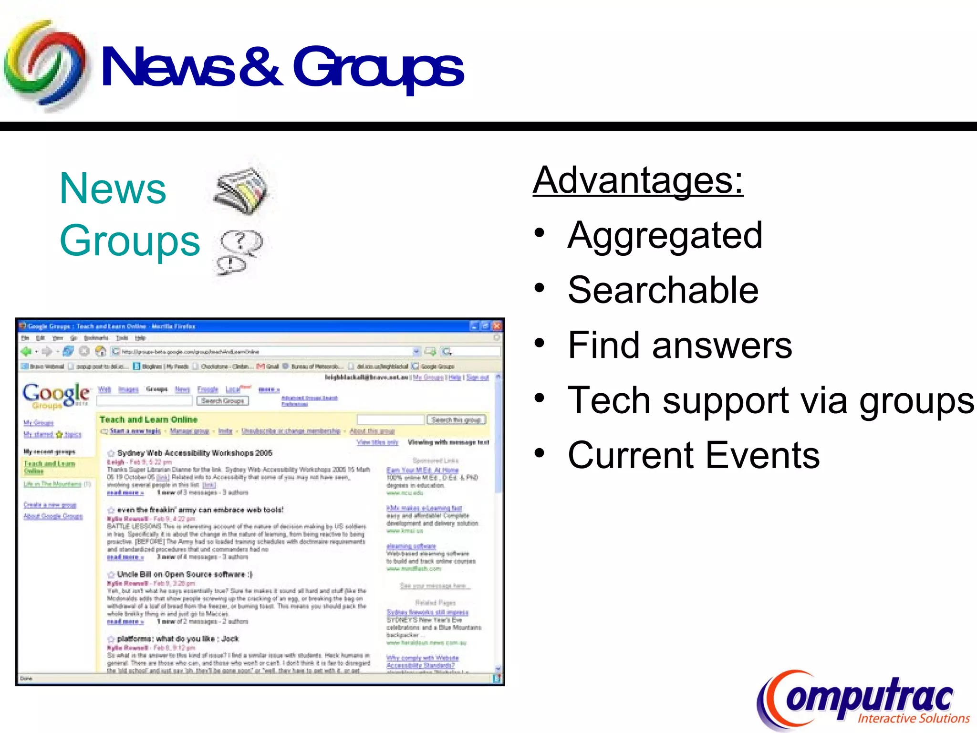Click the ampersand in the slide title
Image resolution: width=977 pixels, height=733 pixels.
point(260,67)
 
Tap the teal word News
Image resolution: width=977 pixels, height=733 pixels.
point(113,188)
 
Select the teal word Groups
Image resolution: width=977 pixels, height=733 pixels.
point(130,241)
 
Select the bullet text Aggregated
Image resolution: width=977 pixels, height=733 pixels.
point(665,235)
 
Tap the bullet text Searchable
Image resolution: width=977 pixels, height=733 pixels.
point(663,290)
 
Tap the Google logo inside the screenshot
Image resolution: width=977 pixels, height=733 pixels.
point(56,395)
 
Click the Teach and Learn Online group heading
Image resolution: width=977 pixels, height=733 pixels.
point(148,419)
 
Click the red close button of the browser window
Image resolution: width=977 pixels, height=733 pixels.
point(497,326)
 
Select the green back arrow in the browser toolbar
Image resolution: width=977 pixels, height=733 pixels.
point(26,352)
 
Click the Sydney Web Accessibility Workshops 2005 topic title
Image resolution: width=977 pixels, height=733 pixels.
point(195,453)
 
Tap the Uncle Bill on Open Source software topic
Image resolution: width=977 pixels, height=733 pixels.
point(185,574)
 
